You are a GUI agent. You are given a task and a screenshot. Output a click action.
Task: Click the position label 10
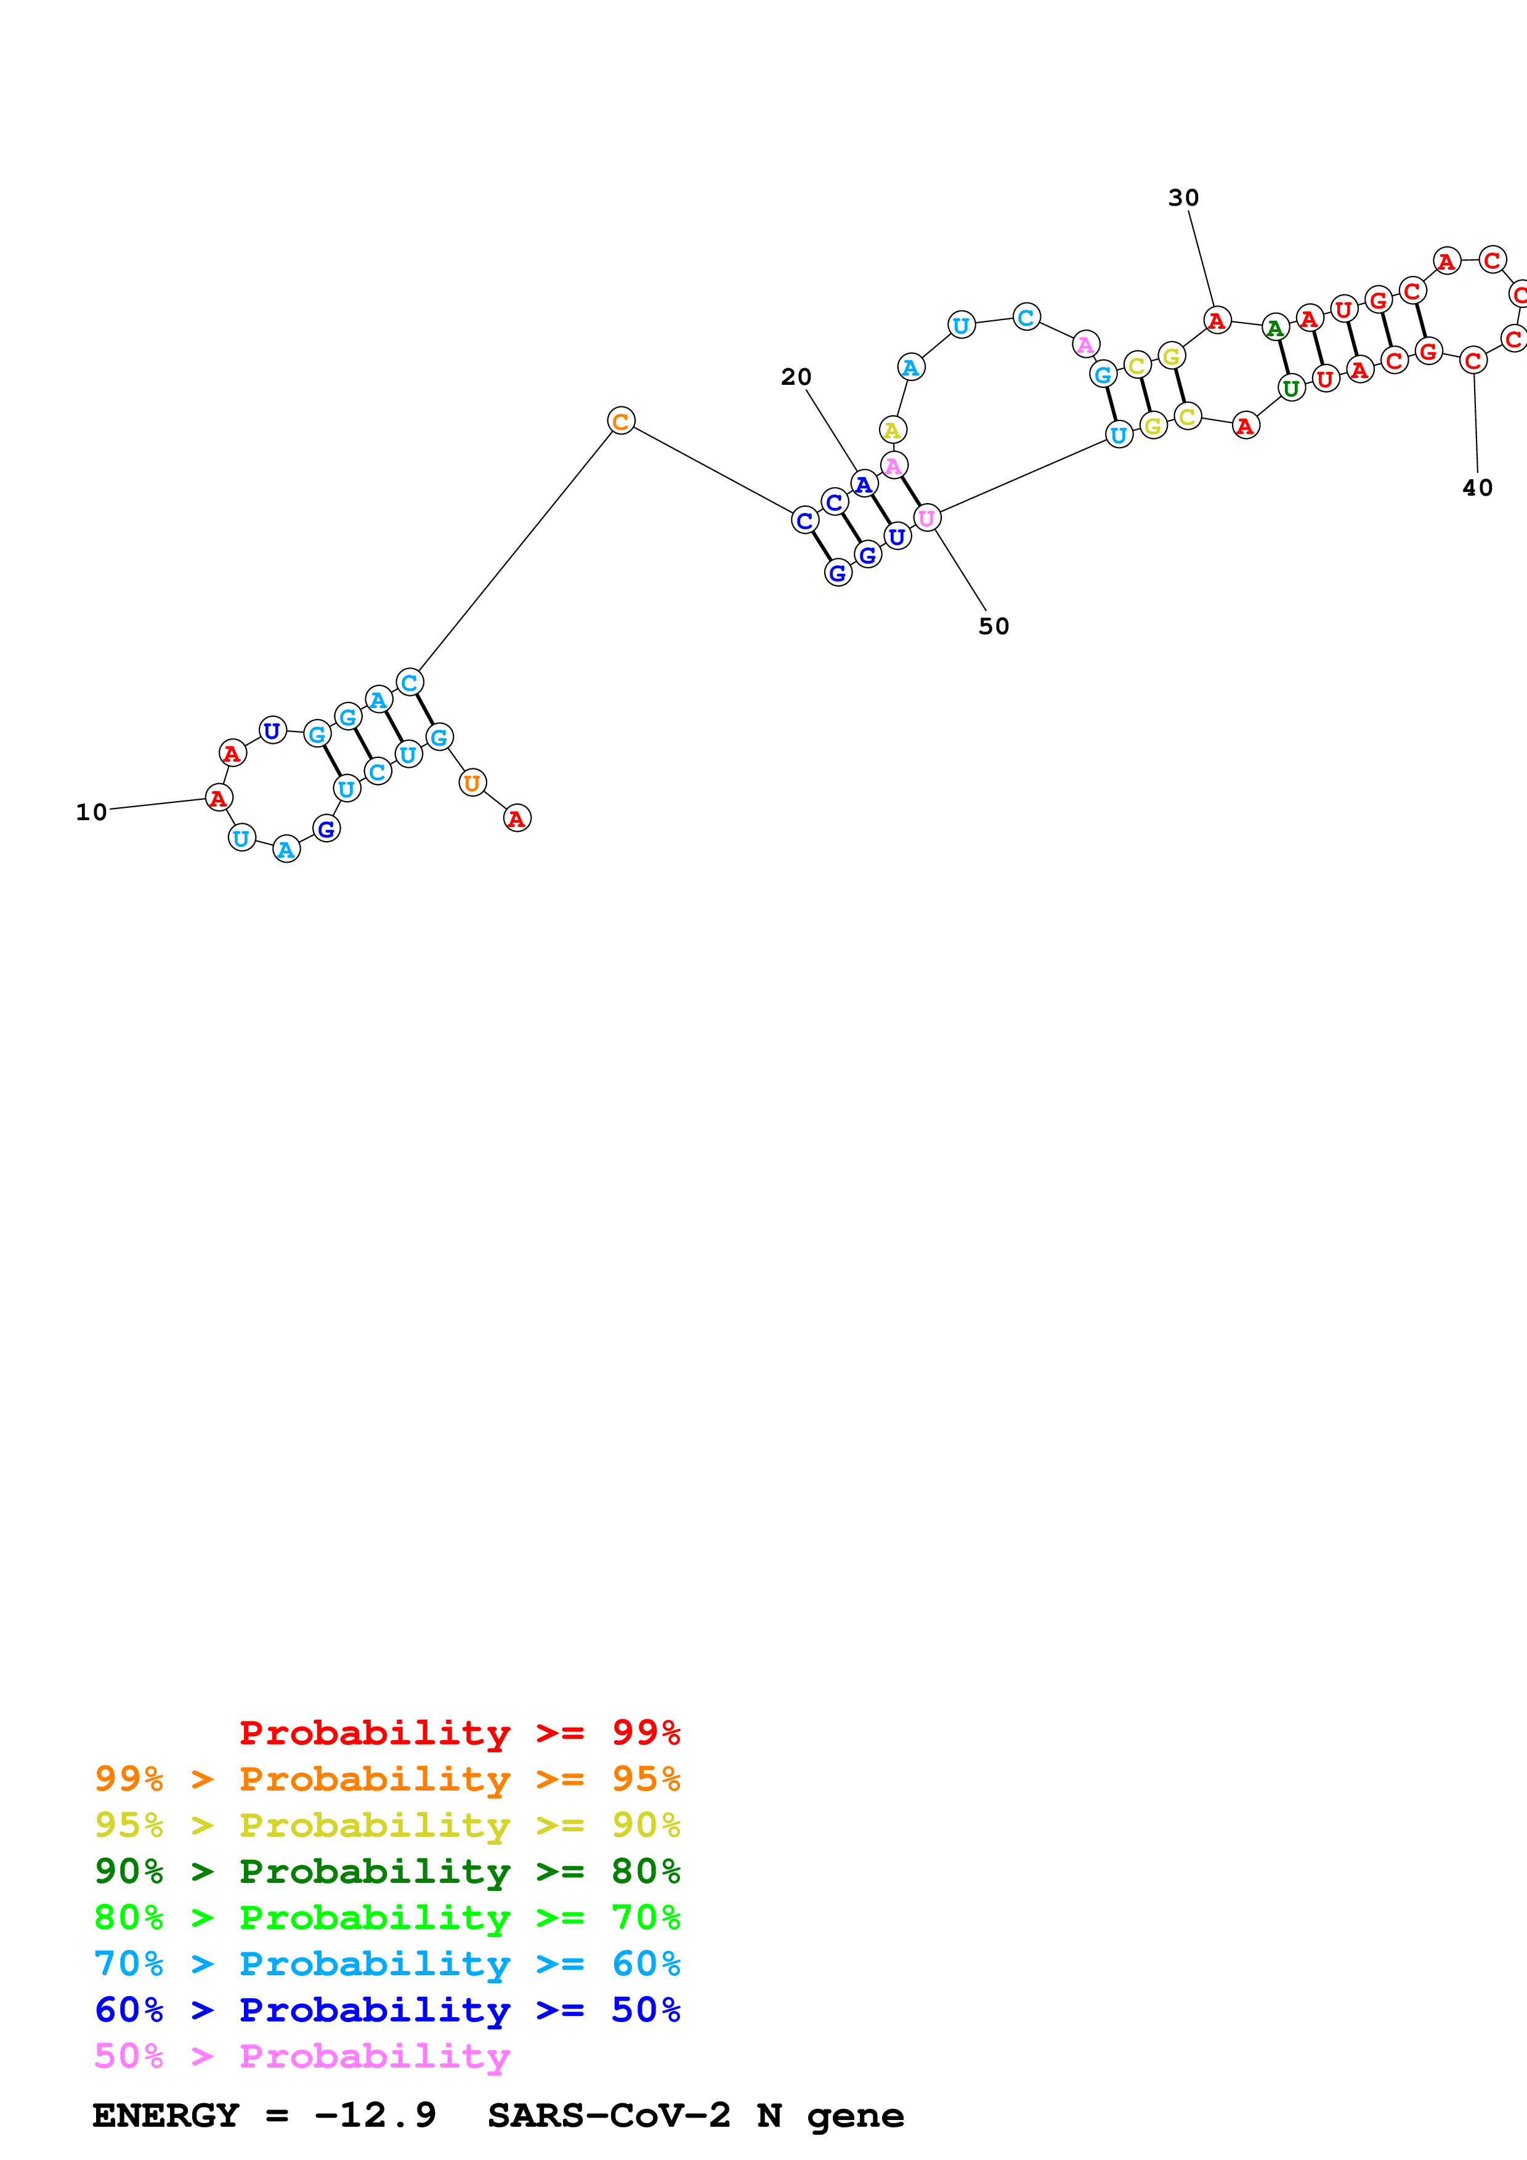(x=91, y=812)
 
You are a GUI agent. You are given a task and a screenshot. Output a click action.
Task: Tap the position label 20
(x=796, y=377)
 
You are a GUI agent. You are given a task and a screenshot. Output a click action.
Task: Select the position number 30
(x=1183, y=198)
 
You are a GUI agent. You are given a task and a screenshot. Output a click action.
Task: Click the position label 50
(x=994, y=627)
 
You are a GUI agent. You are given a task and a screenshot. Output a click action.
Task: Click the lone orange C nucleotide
(x=621, y=421)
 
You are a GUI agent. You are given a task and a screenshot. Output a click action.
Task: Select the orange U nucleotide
(x=472, y=782)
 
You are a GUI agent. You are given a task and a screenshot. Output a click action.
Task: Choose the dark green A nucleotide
(x=1275, y=328)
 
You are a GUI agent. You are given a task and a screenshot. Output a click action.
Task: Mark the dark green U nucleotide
(x=1291, y=387)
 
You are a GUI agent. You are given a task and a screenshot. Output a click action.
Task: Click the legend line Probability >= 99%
(x=459, y=1733)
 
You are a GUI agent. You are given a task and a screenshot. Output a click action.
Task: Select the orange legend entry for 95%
(x=387, y=1779)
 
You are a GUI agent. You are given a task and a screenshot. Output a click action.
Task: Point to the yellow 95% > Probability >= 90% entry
(x=387, y=1825)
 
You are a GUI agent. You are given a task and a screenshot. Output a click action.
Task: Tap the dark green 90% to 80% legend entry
(x=387, y=1871)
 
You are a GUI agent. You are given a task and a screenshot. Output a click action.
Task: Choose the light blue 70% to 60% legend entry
(x=387, y=1964)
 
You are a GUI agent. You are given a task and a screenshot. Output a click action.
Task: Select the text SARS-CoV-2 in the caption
(x=609, y=2115)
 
